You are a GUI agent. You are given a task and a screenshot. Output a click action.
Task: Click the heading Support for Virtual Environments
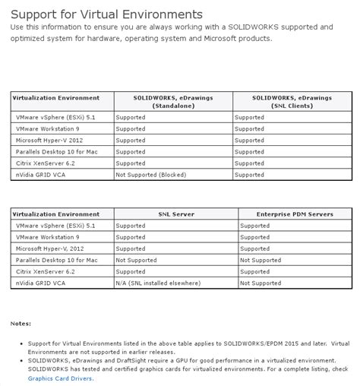click(106, 14)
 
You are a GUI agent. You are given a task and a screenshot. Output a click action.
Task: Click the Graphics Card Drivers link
click(61, 378)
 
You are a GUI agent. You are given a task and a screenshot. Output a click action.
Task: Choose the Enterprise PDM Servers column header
click(295, 214)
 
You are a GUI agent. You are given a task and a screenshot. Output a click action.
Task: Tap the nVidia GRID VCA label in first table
click(43, 174)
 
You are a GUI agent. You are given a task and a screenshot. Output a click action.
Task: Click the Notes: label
click(21, 323)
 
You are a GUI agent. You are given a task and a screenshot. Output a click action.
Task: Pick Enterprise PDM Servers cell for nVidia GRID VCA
click(260, 283)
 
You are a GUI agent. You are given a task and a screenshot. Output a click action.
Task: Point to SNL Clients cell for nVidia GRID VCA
click(249, 174)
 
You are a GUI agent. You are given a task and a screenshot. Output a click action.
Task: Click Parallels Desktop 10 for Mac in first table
click(56, 151)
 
